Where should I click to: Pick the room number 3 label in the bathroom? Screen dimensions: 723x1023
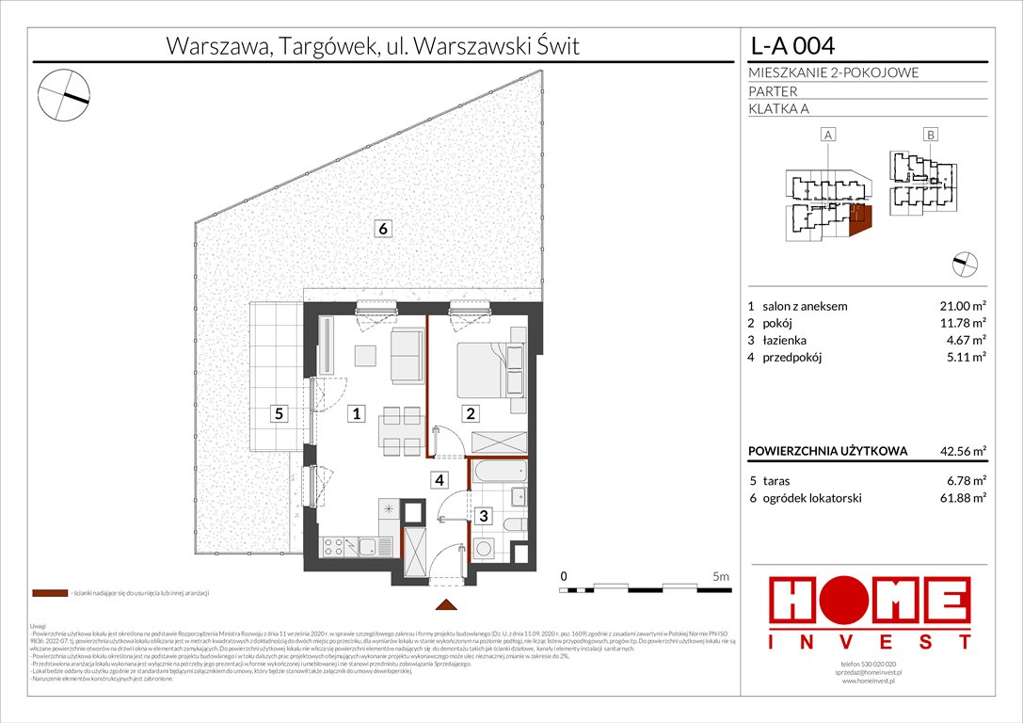pyautogui.click(x=482, y=516)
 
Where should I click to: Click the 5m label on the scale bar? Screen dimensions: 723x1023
pyautogui.click(x=721, y=575)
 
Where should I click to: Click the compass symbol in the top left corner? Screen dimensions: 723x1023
pyautogui.click(x=64, y=94)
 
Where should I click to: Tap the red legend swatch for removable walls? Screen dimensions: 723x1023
pyautogui.click(x=49, y=594)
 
